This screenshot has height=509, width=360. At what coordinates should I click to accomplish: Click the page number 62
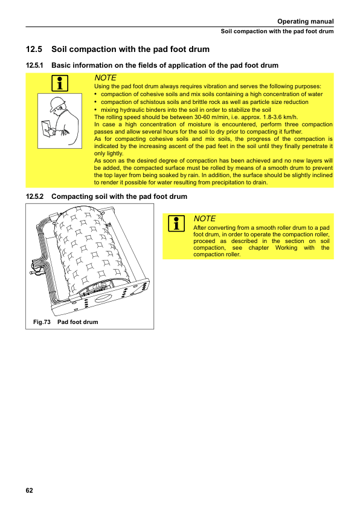(x=29, y=490)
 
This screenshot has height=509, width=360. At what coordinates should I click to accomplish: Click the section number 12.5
(x=34, y=50)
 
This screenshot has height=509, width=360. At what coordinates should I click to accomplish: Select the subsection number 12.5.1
(x=34, y=65)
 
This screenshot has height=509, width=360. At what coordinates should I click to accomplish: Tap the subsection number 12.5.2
(x=34, y=196)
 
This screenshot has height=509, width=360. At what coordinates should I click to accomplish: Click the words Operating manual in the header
(x=305, y=21)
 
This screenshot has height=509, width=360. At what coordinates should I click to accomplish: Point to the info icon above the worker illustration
(x=60, y=83)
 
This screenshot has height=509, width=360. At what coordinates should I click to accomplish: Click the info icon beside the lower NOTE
(x=176, y=224)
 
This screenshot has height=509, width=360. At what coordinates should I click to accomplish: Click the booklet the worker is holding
(x=47, y=128)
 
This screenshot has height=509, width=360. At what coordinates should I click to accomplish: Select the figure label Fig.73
(x=42, y=322)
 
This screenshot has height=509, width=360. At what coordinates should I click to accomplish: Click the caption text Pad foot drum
(x=77, y=322)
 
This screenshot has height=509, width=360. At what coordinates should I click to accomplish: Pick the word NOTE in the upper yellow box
(x=105, y=78)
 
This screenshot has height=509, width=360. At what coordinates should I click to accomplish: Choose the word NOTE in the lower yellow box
(x=204, y=218)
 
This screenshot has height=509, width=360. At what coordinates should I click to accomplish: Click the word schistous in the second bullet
(x=152, y=102)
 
